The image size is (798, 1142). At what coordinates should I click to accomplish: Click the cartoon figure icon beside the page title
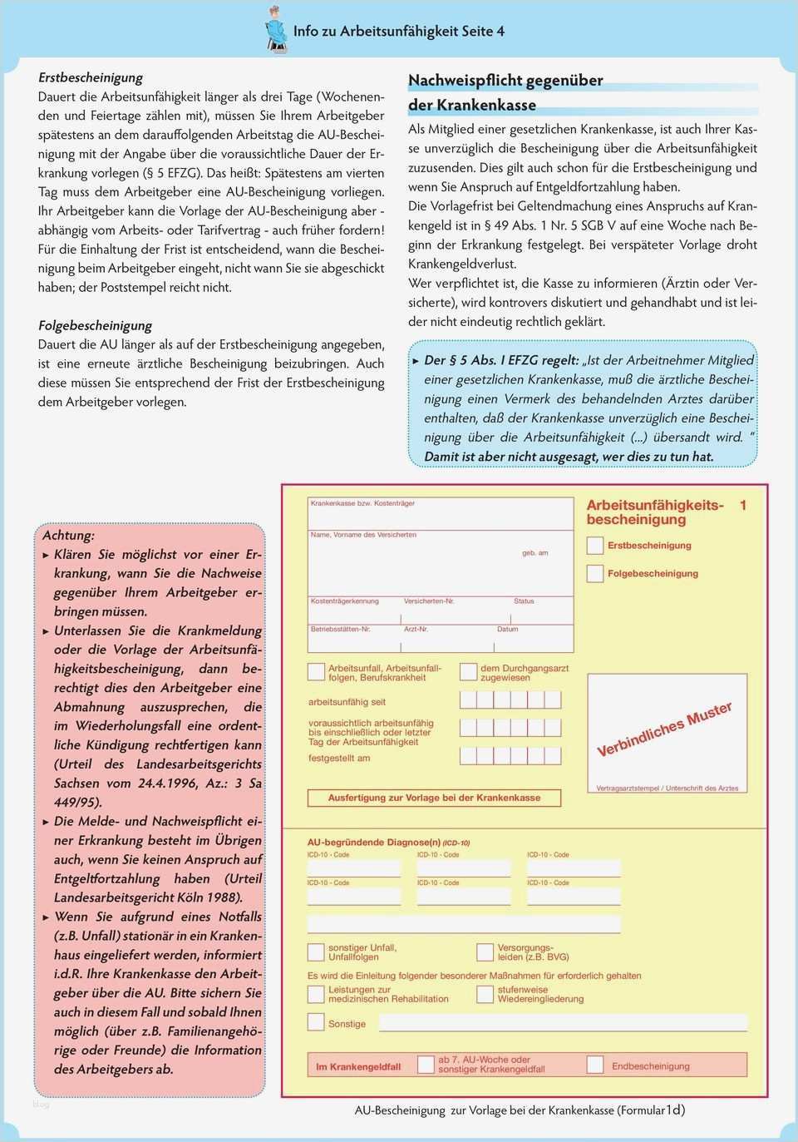tap(275, 31)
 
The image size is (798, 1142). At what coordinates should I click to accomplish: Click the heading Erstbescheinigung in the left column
tap(91, 77)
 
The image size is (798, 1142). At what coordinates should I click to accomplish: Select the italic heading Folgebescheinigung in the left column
tap(95, 325)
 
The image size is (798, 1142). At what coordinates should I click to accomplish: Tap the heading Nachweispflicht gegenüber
tap(505, 81)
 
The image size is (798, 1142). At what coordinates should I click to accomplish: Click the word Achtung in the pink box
tap(68, 535)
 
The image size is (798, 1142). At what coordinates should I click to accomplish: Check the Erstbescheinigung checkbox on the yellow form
tap(595, 546)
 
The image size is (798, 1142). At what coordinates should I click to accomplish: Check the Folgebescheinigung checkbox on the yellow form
tap(595, 573)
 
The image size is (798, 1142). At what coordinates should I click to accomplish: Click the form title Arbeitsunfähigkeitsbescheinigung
tap(654, 512)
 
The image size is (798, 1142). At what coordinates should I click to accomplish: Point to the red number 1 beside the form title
tap(743, 505)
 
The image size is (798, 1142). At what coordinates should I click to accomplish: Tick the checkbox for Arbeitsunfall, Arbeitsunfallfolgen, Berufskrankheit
tap(317, 671)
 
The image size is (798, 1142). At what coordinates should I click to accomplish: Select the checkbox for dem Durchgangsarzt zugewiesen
tap(469, 671)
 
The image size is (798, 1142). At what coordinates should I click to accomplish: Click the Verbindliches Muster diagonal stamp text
tap(664, 729)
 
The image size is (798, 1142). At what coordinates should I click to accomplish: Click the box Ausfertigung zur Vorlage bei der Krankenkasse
tap(433, 798)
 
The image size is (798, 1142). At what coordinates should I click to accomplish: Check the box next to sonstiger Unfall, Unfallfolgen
tap(317, 952)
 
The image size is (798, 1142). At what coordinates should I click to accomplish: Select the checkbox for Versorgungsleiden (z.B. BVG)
tap(485, 952)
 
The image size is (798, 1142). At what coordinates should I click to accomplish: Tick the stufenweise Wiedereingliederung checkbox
tap(485, 994)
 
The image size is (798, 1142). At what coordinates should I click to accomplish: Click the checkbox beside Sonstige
tap(317, 1022)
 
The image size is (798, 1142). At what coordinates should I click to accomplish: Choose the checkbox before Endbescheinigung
tap(595, 1065)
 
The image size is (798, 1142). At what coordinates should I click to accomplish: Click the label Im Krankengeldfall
tap(358, 1066)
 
